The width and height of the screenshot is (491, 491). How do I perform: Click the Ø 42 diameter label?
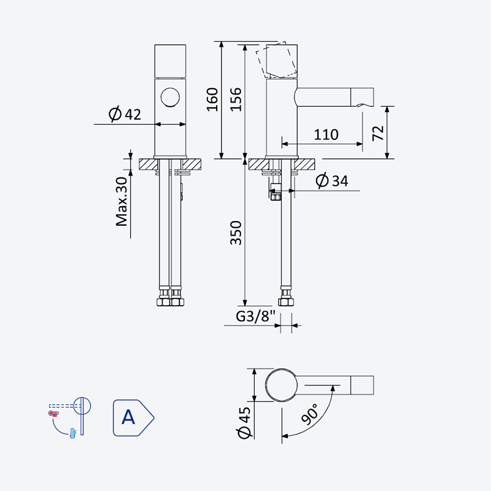[x=125, y=114]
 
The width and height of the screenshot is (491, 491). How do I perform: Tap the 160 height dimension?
[x=212, y=99]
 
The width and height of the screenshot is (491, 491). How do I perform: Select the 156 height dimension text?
[x=236, y=99]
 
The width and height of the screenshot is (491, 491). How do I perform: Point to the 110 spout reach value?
[x=326, y=134]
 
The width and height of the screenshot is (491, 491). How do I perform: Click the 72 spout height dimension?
[x=378, y=133]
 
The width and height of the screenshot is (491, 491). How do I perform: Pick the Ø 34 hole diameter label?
[x=332, y=180]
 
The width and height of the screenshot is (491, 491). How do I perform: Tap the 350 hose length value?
[x=236, y=233]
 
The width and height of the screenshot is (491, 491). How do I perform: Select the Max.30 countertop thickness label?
[x=122, y=201]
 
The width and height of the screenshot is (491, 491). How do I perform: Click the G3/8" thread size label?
[x=255, y=316]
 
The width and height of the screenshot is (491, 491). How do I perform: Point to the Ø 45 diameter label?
[x=244, y=423]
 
